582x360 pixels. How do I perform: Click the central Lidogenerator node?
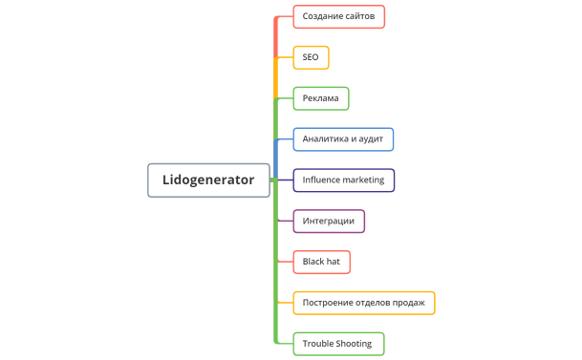[208, 180]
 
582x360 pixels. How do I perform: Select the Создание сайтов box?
[338, 16]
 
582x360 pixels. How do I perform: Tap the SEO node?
[311, 58]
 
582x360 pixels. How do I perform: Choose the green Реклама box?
[321, 98]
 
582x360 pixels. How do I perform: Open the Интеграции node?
[329, 221]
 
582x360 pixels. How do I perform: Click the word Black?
[314, 261]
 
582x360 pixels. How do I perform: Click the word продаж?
[414, 303]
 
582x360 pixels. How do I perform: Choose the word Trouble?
[320, 343]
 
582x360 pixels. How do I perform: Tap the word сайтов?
[359, 16]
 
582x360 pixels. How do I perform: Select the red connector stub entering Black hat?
[285, 261]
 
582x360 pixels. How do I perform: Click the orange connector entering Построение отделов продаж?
[285, 303]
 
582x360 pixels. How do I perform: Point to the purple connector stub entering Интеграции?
[285, 221]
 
